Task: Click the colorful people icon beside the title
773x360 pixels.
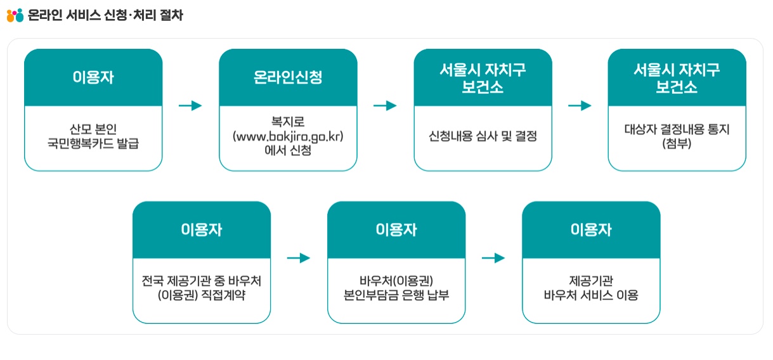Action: (x=15, y=15)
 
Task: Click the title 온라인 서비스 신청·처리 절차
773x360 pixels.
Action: (x=105, y=15)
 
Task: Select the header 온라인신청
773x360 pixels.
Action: (x=288, y=77)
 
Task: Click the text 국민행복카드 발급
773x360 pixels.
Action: (x=93, y=143)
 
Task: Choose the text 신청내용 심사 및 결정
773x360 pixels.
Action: (x=483, y=136)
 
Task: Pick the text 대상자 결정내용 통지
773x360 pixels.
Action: (x=677, y=130)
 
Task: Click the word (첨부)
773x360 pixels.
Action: (x=677, y=144)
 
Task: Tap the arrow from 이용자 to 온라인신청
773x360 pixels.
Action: (x=190, y=106)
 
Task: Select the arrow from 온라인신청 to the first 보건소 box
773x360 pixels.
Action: (x=385, y=106)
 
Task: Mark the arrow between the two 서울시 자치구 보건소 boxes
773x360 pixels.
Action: (x=580, y=106)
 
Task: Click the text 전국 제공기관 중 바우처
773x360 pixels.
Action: (x=202, y=280)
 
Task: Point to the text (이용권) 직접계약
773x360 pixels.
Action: (x=202, y=295)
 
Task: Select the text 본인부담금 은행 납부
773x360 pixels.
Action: (x=396, y=295)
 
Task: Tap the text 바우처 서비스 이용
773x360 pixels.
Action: (x=591, y=295)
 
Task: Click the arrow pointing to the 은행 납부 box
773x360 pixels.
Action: (x=299, y=258)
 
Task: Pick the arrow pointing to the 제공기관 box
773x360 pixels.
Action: (x=493, y=258)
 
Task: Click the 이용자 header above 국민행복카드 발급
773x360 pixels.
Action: (x=93, y=77)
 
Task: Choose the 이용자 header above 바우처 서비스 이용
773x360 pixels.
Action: (x=591, y=229)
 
